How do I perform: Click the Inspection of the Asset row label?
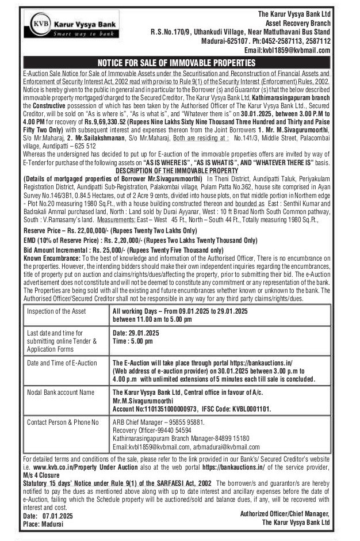point(56,311)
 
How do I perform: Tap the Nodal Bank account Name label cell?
point(60,392)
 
